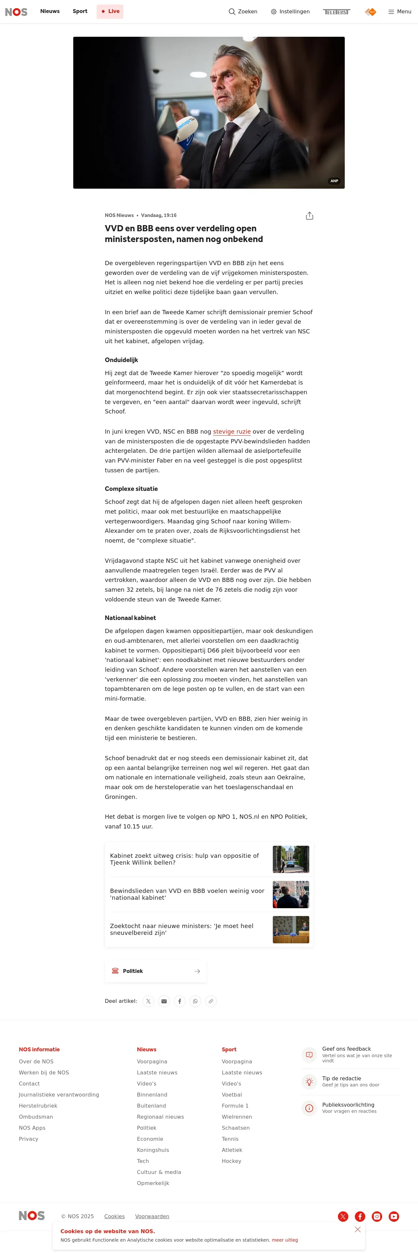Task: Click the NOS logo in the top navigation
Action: click(16, 12)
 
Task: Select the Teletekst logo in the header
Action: click(336, 12)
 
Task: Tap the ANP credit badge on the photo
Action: click(334, 181)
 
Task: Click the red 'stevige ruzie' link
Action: click(232, 431)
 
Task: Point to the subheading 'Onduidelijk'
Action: click(121, 360)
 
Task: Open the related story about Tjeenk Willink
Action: click(185, 859)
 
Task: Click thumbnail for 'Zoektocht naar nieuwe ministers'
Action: click(290, 930)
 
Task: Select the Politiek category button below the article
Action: click(155, 971)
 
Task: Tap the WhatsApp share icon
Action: click(195, 1001)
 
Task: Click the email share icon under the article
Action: click(164, 1001)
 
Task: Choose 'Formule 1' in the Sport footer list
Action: click(235, 1106)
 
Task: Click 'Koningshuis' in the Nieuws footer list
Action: click(153, 1150)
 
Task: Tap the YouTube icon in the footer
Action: click(394, 1217)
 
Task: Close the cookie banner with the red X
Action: click(358, 1230)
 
